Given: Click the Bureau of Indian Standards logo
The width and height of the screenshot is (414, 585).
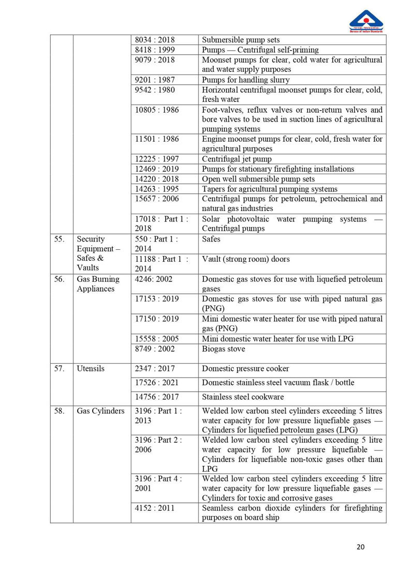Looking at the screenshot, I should [366, 21].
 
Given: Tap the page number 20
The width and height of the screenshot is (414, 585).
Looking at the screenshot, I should [361, 547].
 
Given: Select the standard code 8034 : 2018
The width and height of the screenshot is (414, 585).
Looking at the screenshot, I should [155, 40].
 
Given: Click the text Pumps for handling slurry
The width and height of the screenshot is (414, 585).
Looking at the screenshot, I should [246, 80].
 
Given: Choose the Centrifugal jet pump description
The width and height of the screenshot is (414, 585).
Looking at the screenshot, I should [236, 159].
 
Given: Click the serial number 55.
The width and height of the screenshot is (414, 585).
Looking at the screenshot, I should [59, 239].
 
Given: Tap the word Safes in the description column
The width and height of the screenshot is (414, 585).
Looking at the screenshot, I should [211, 239].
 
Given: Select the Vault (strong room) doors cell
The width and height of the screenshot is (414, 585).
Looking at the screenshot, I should [246, 259].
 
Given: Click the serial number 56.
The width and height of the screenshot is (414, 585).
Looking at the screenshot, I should [59, 279].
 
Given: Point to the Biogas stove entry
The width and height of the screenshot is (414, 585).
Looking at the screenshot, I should [224, 349].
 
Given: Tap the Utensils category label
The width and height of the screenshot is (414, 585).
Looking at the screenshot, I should [91, 369].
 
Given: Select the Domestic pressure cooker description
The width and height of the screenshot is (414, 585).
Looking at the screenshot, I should [245, 369].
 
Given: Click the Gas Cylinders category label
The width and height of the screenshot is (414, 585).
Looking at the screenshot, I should [100, 411].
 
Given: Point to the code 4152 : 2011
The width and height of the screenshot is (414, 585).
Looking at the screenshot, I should [155, 508].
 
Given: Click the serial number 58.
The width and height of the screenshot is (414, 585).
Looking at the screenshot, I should [59, 411].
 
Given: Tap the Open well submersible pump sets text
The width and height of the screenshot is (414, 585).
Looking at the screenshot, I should [258, 179].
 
